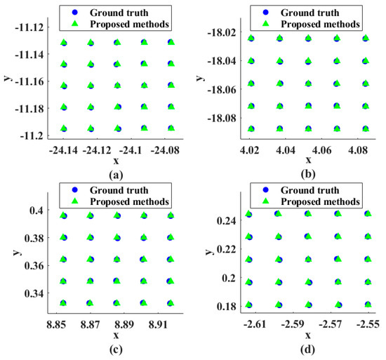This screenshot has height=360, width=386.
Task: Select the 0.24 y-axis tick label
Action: coord(229,221)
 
